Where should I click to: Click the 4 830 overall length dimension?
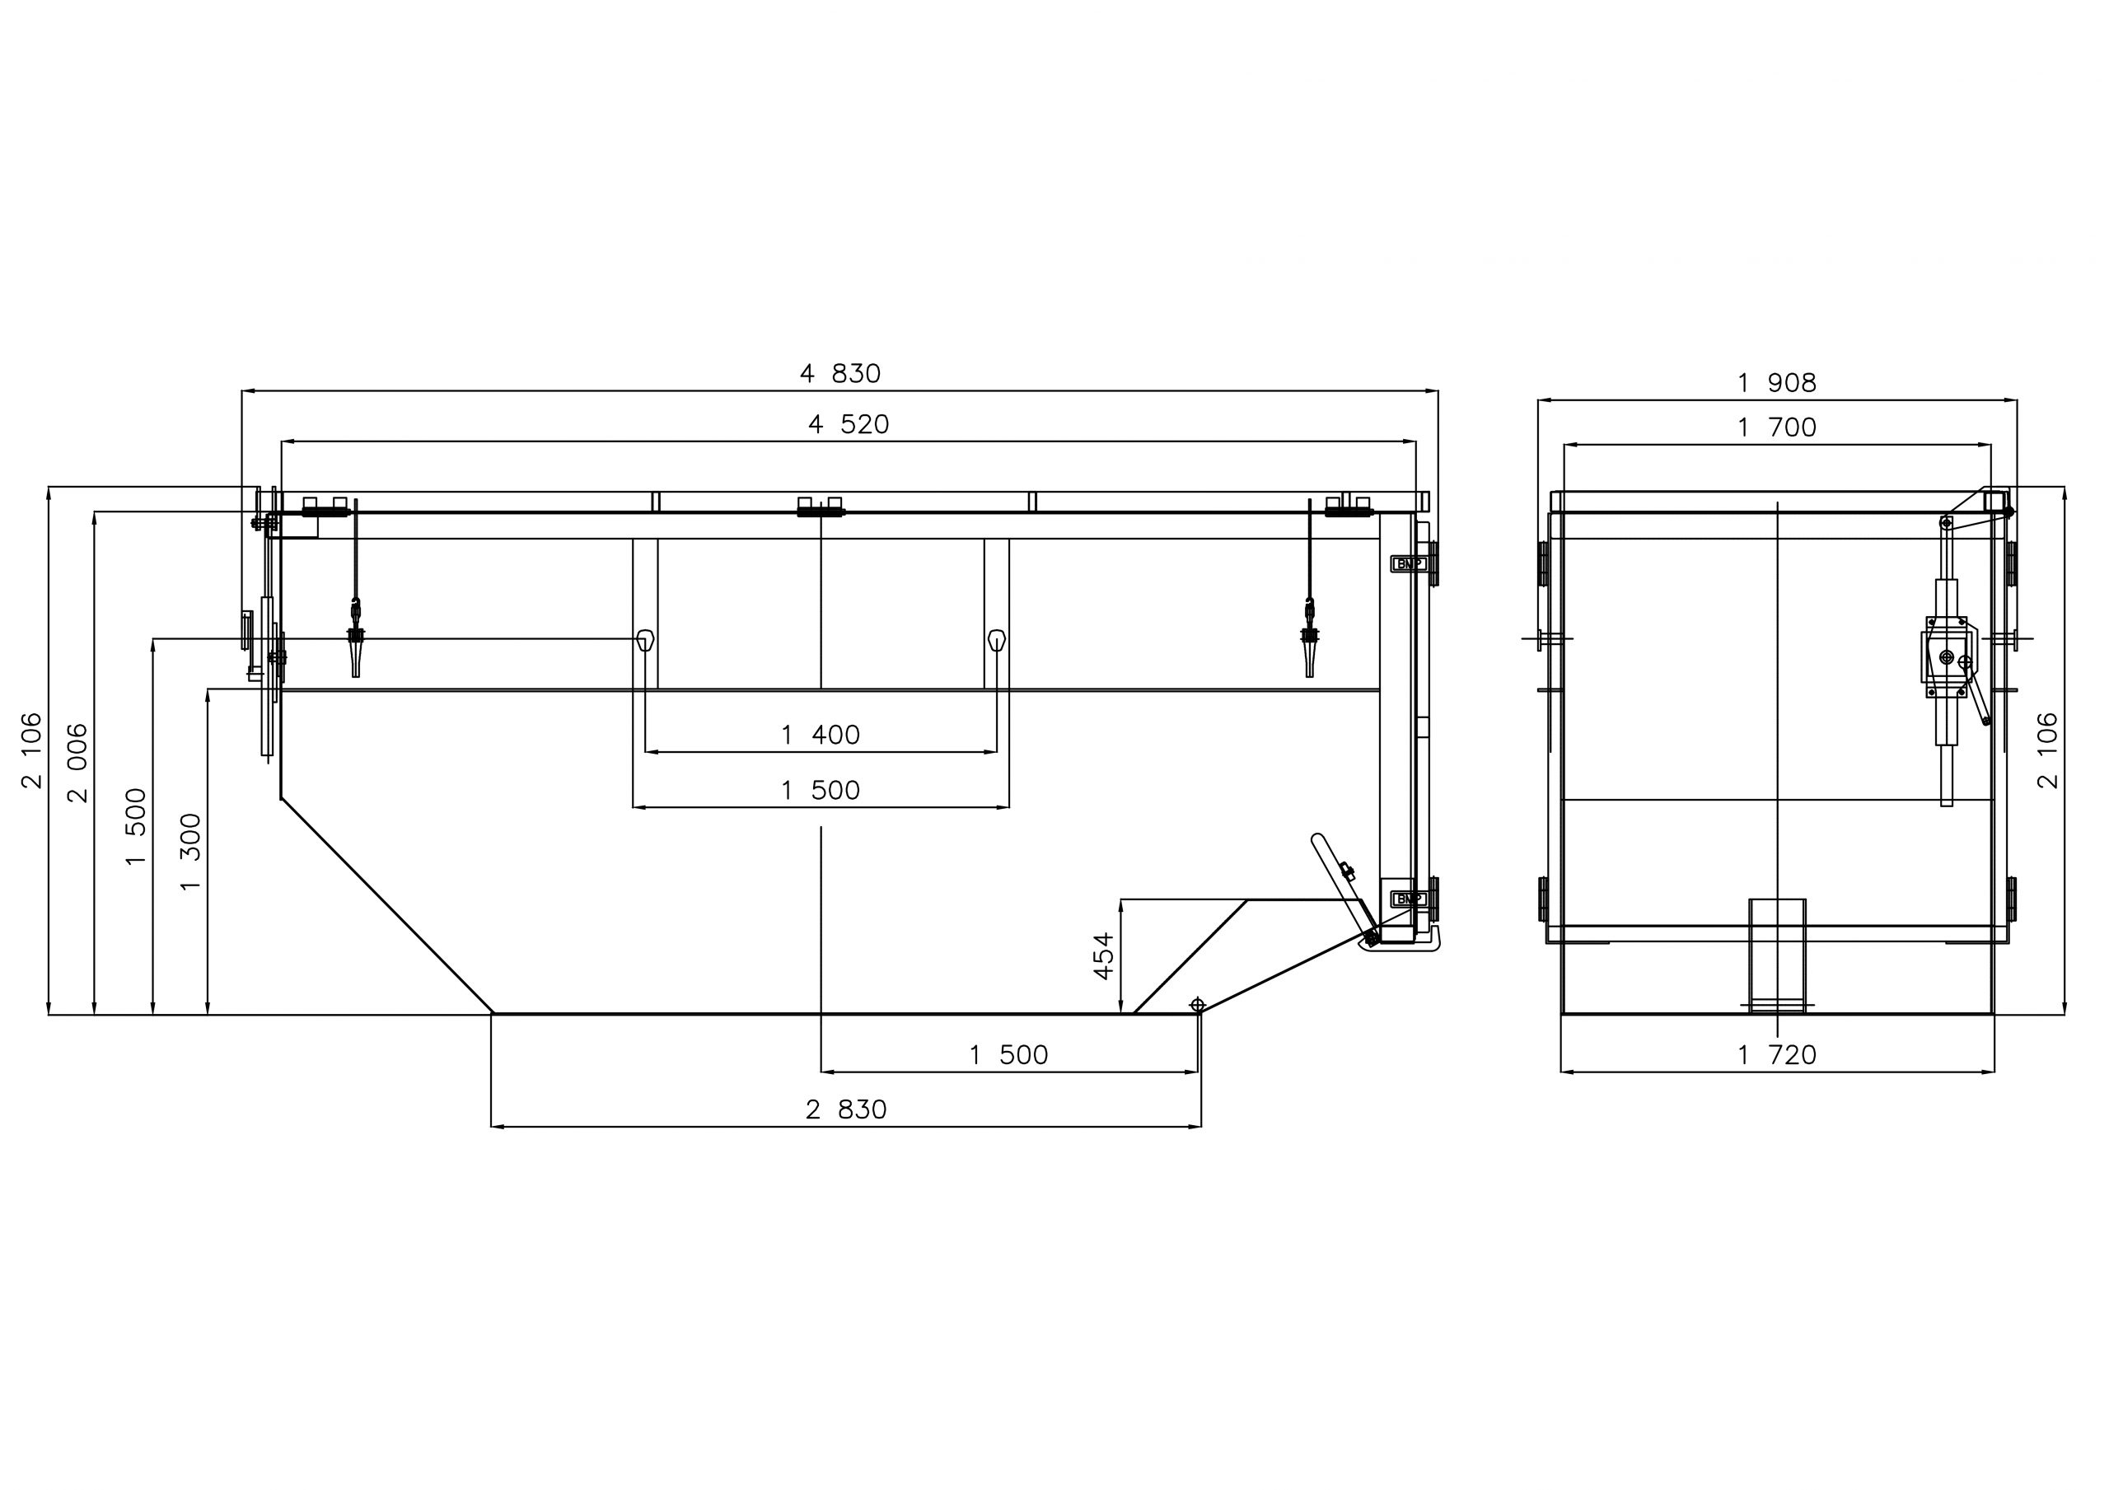839,374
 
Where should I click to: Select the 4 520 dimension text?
849,424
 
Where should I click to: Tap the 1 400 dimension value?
821,735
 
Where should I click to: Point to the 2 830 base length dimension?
846,1109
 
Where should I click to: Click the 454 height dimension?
1103,955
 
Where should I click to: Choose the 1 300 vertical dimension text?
190,852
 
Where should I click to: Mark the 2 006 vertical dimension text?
78,764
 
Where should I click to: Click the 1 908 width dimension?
1776,383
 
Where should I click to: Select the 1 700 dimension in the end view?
1776,428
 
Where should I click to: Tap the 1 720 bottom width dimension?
1776,1055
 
